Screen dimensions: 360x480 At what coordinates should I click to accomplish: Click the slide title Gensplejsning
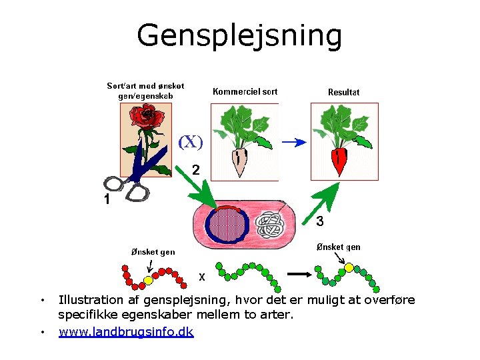239,36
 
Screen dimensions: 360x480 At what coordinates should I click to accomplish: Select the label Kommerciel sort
245,92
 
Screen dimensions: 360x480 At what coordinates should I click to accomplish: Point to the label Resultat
343,93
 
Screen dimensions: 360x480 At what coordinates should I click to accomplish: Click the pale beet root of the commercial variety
238,161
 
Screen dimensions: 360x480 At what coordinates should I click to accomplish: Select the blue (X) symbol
190,142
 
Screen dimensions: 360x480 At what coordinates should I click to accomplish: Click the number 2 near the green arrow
196,170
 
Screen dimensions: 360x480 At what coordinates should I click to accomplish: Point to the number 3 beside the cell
320,221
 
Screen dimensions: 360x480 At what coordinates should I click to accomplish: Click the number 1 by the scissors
106,200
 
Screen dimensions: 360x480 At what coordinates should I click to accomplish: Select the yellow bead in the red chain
148,279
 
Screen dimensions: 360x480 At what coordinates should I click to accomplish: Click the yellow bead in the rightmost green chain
349,268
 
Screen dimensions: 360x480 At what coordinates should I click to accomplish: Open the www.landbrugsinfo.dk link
126,331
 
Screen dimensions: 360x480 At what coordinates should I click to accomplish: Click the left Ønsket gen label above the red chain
153,252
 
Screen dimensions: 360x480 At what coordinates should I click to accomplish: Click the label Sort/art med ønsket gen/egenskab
145,91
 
